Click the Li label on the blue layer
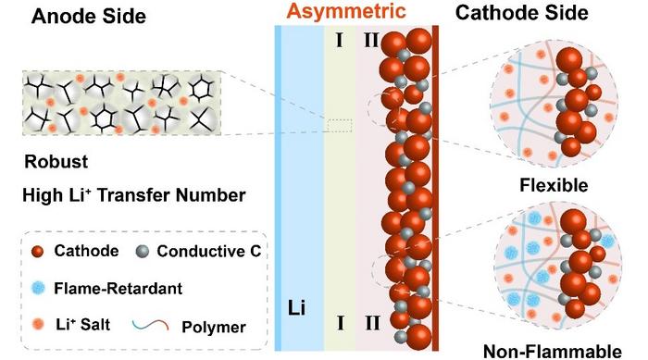[297, 304]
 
